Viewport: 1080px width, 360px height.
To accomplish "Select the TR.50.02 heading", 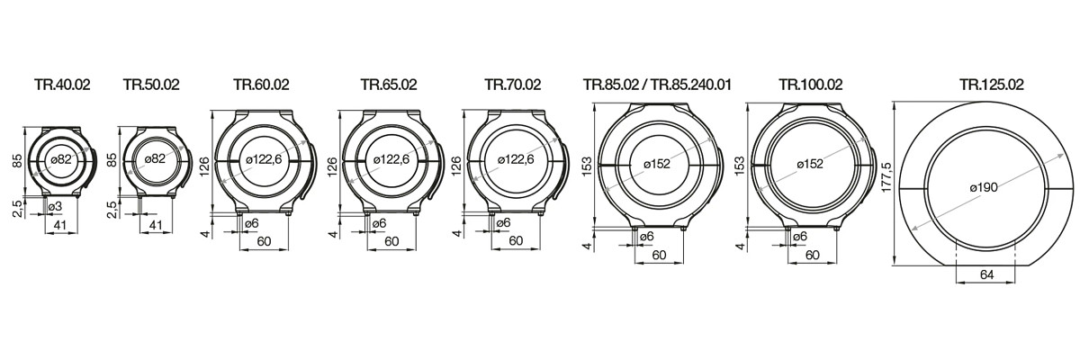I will pyautogui.click(x=151, y=85).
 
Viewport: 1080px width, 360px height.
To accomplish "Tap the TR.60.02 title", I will pyautogui.click(x=261, y=85).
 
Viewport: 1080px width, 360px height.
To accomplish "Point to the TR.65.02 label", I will pyautogui.click(x=389, y=85).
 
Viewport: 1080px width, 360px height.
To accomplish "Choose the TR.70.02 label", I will pyautogui.click(x=512, y=85).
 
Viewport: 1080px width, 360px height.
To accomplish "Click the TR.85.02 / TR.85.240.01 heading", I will pyautogui.click(x=656, y=85).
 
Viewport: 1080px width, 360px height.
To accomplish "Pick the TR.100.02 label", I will pyautogui.click(x=810, y=85).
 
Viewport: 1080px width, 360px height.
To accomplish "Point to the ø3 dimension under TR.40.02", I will pyautogui.click(x=55, y=207).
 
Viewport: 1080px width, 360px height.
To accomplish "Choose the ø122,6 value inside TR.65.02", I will pyautogui.click(x=390, y=158).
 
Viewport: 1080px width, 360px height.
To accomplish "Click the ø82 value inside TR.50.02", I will pyautogui.click(x=155, y=158).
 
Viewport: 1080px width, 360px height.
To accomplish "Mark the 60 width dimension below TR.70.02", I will pyautogui.click(x=515, y=240).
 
